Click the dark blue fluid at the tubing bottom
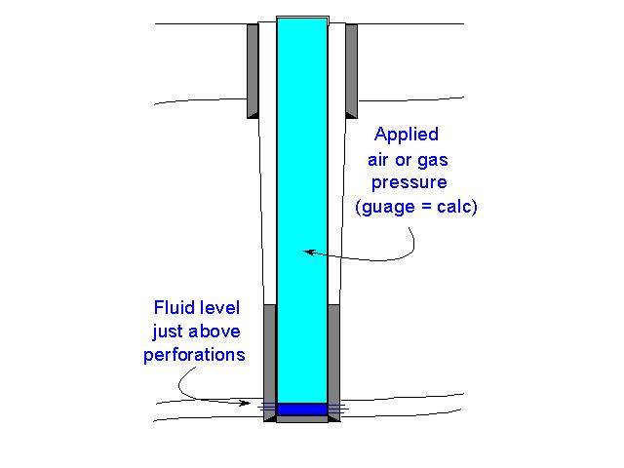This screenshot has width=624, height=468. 302,409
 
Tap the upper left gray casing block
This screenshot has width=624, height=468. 253,68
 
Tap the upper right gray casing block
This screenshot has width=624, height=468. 351,68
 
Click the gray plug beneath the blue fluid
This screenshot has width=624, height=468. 302,419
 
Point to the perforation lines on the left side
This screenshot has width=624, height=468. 266,407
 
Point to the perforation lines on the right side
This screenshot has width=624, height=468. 338,407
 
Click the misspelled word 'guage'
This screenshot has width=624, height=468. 387,207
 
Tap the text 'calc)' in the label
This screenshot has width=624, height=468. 452,207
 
